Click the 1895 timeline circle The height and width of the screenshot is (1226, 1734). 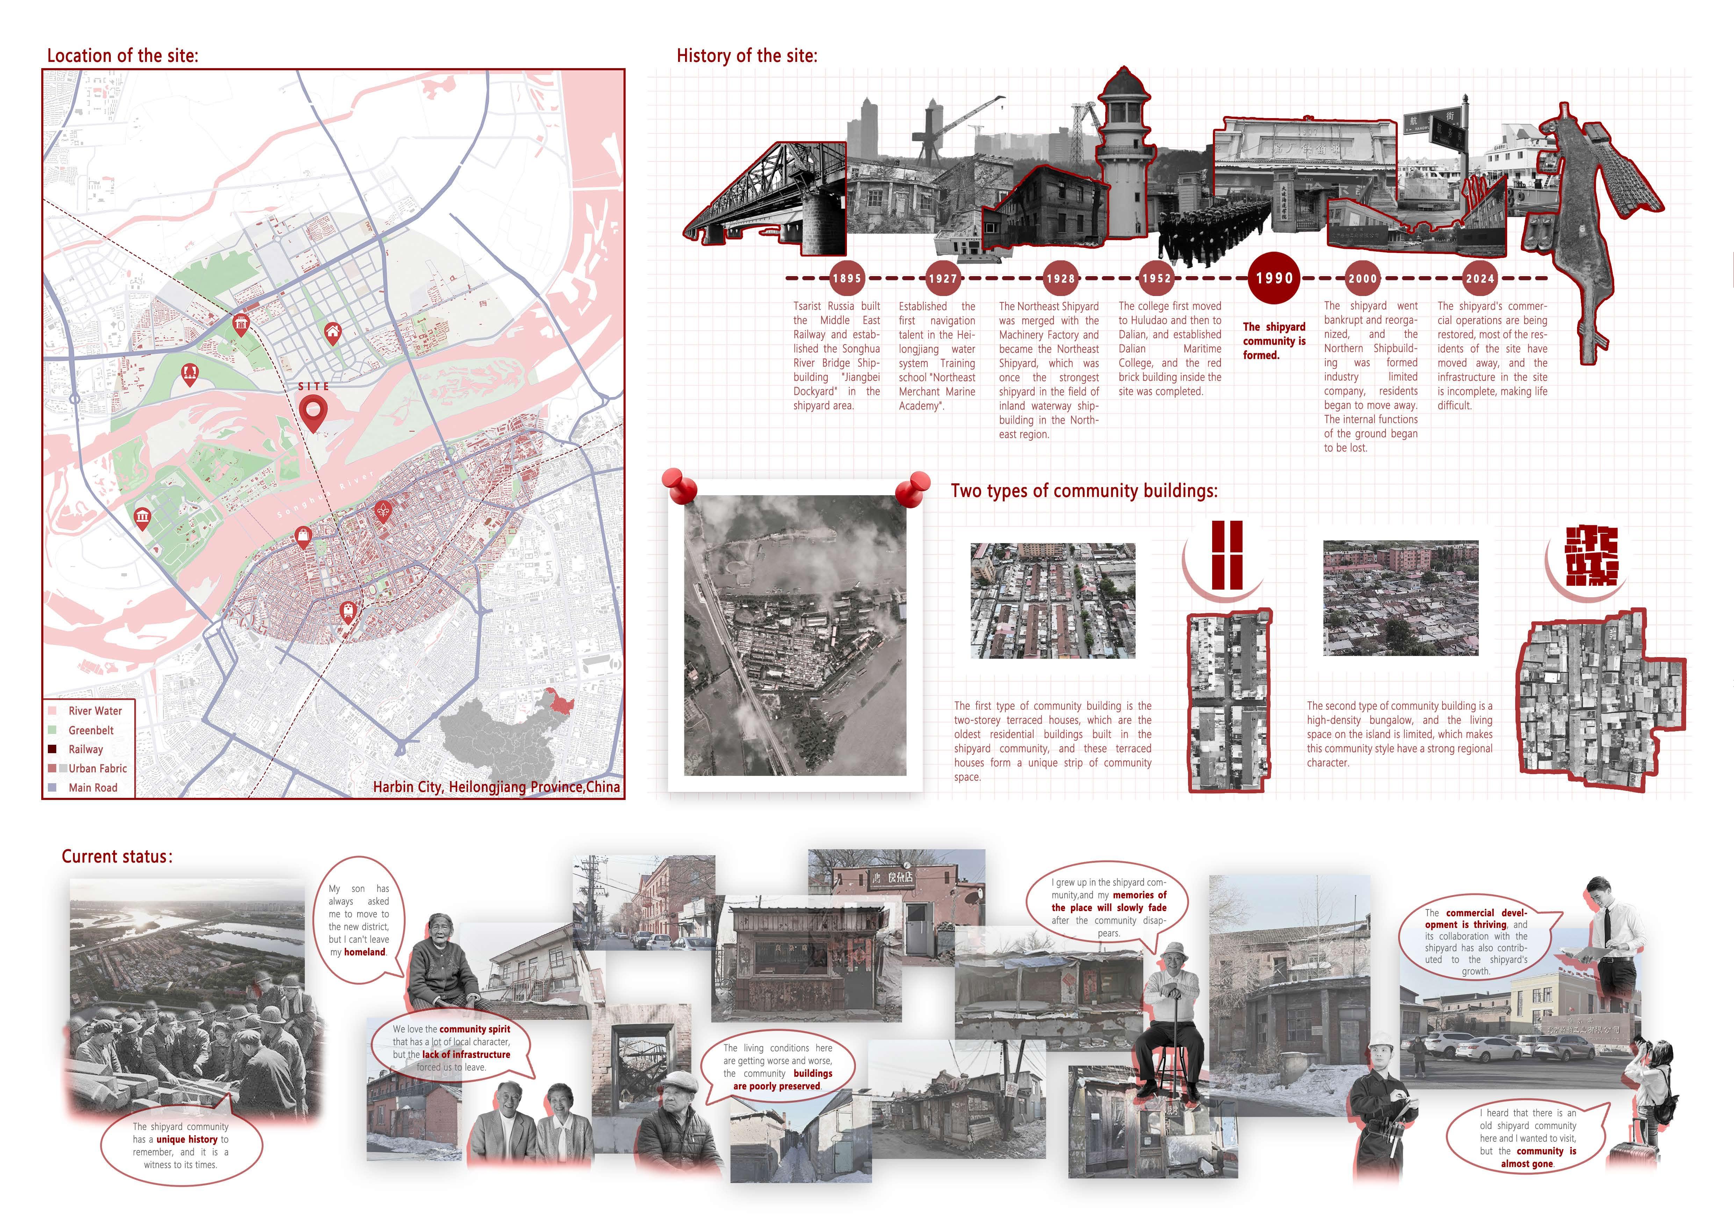847,278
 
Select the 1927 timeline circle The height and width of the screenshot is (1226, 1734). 943,278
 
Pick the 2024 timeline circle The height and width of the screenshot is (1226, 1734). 1480,278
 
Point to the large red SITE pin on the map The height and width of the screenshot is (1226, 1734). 313,411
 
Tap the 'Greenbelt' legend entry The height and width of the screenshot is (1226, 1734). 91,730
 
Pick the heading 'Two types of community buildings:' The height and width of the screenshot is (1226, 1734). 1084,491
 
